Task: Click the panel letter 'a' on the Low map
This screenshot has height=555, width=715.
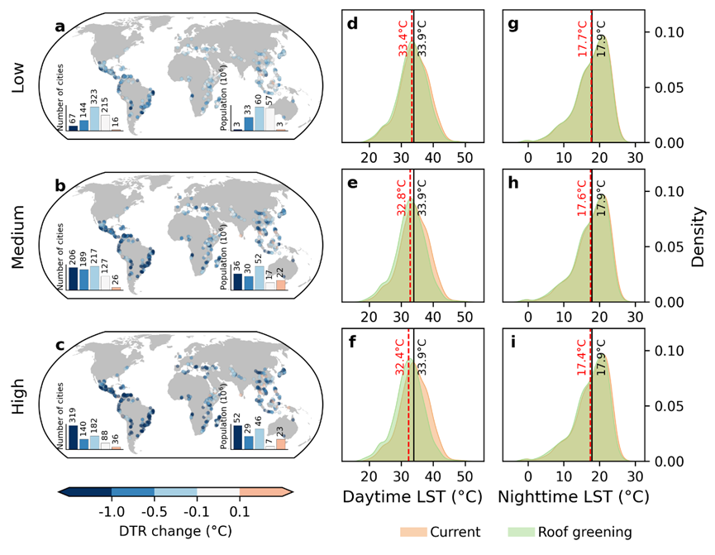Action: point(60,26)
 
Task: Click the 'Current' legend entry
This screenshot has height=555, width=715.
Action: point(439,532)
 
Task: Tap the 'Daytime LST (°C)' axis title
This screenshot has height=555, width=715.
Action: point(405,498)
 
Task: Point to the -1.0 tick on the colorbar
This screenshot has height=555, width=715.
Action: point(112,512)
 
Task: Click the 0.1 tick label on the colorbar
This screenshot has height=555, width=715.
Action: point(240,512)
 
